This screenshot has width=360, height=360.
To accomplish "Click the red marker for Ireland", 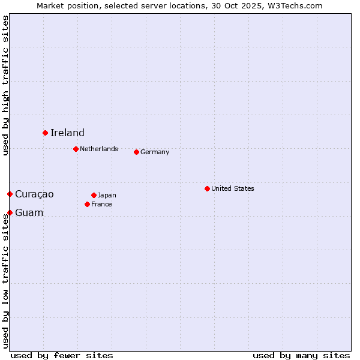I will coord(45,133).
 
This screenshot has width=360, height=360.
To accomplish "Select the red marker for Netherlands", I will coord(76,149).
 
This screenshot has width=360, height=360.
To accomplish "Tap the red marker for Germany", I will coord(136,152).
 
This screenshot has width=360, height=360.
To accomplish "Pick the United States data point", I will coord(207,188).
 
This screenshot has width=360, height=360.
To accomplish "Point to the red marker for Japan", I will coord(94,195).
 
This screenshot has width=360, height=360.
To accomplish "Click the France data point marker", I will coord(88,204).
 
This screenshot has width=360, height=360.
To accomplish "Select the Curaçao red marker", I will coord(10,194).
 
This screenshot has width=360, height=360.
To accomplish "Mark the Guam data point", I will coord(10,212).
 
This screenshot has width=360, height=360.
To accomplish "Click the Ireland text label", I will coord(67,133).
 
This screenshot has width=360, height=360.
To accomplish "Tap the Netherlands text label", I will coord(99,149).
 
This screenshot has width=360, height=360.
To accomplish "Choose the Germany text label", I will coord(155,152).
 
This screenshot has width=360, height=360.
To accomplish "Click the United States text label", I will coord(233,188).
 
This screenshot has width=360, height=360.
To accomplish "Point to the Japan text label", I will coord(107,195).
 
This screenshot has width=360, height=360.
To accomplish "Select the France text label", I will coord(101,204).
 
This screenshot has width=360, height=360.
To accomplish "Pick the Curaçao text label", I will coord(34,194).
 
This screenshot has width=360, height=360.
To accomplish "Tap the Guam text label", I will coord(29,212).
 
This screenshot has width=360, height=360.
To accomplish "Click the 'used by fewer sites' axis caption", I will coord(62,355).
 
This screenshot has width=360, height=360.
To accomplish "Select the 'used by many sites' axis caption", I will coord(301,355).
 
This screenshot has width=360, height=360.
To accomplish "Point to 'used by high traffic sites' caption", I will coord(5,85).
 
